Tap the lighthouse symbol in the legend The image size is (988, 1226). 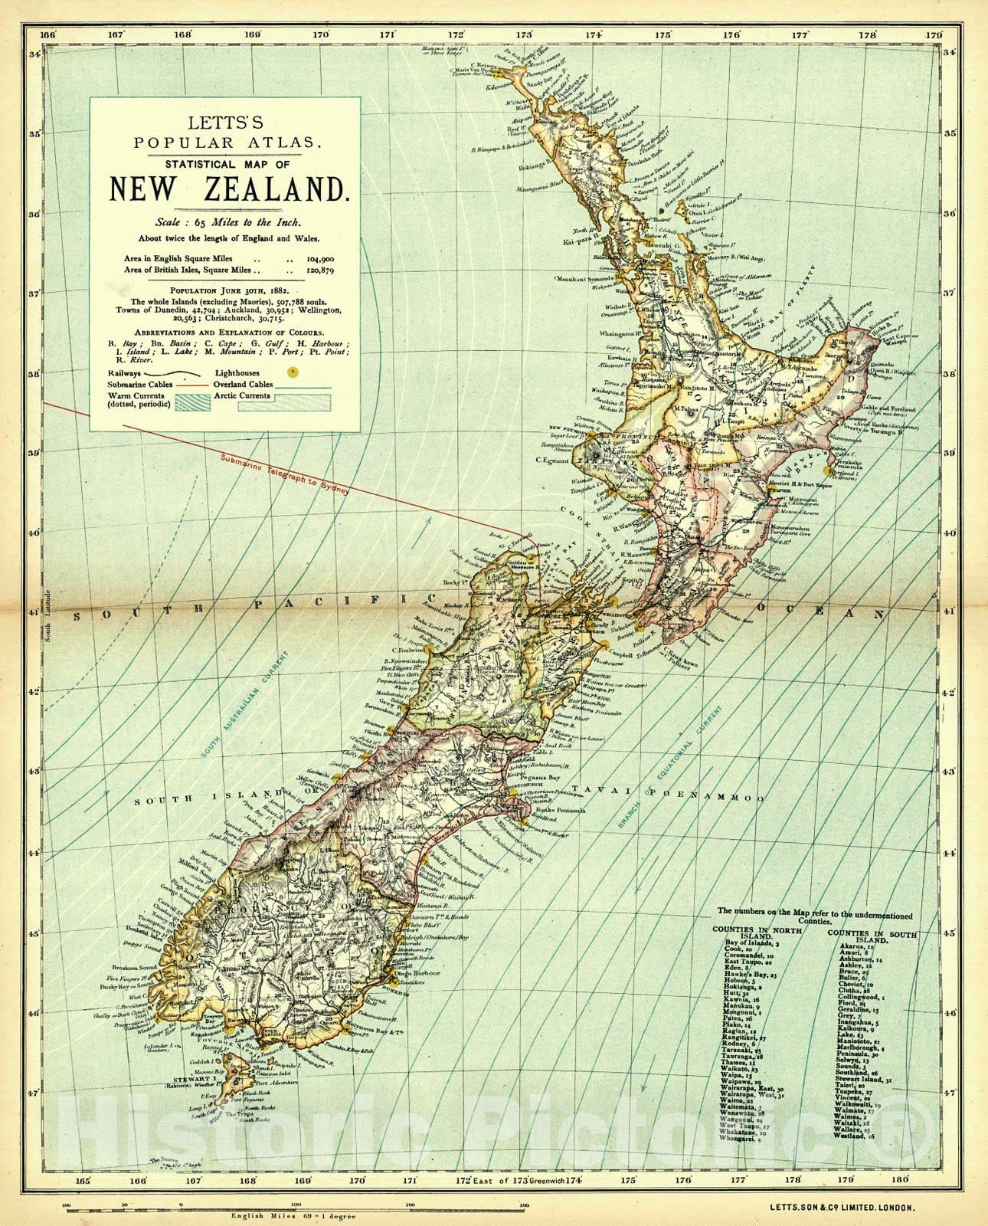(x=291, y=372)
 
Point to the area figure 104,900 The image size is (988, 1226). (x=321, y=259)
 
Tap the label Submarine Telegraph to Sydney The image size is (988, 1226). (x=284, y=476)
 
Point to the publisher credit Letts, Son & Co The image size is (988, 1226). (x=842, y=1207)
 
